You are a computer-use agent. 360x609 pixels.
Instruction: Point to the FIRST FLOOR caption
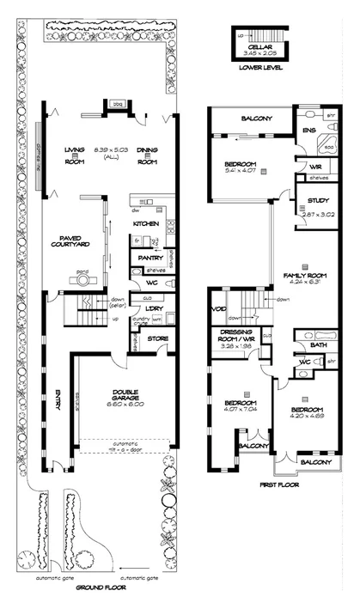[x=260, y=484]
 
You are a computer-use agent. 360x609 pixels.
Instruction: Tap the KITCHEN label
[x=146, y=225]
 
